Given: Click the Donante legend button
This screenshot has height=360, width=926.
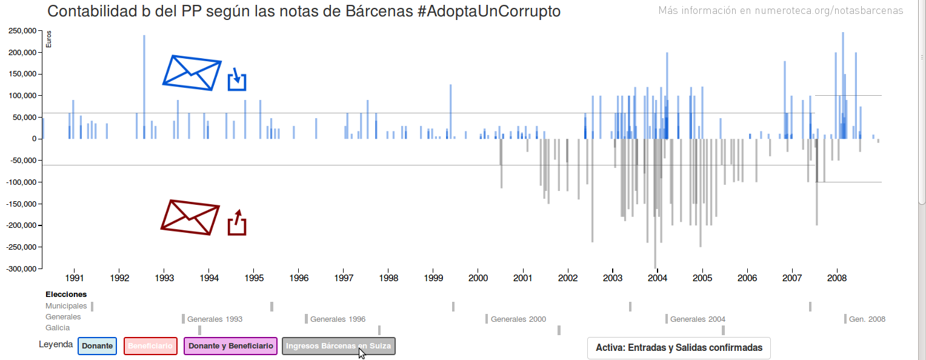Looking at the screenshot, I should tap(97, 346).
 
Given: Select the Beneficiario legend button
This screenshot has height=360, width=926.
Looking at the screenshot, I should tap(150, 346).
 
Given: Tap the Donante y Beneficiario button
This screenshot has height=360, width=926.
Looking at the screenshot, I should tap(230, 346).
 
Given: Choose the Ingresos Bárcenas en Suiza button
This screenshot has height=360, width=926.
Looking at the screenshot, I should tap(339, 346).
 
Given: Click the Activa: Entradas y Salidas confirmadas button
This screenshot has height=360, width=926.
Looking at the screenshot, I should tap(679, 348).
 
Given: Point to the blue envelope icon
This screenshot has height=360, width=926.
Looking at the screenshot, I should tap(192, 73).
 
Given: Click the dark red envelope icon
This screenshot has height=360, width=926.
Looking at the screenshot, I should tap(190, 217).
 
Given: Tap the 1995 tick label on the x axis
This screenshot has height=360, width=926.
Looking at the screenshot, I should tap(253, 278).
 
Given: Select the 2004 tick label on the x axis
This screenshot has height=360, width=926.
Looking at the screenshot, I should tap(658, 278).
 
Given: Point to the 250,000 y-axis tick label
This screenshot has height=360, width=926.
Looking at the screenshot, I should tap(21, 31).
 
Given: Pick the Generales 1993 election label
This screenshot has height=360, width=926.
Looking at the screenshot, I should tap(215, 319).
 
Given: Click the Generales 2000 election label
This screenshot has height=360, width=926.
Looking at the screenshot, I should tap(518, 319).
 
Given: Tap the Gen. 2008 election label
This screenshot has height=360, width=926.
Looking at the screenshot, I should tap(867, 319).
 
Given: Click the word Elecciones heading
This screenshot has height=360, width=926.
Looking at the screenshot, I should tap(66, 295).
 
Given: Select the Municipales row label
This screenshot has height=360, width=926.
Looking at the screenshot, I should tap(66, 306).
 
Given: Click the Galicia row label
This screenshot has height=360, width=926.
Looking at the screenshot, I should tap(58, 328).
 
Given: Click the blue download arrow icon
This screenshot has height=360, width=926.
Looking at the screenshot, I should tap(237, 79).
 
